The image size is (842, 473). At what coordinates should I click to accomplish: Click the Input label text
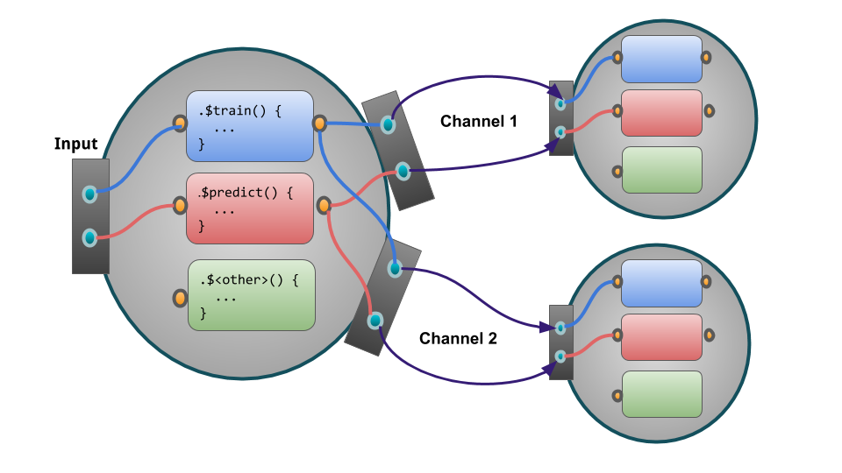point(75,145)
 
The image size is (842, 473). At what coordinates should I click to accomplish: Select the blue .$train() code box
point(250,125)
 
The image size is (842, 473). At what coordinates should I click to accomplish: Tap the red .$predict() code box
point(250,208)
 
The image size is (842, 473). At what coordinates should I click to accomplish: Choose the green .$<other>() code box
point(252,295)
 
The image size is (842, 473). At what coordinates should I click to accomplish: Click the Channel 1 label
point(478,122)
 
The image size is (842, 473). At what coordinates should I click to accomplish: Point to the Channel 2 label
point(458,338)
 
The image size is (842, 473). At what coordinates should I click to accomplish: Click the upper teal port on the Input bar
point(89,194)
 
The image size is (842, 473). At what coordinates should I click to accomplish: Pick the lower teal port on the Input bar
point(89,237)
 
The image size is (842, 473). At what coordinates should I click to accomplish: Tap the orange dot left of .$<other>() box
point(179,298)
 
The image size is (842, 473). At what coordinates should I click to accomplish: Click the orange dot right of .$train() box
point(320,124)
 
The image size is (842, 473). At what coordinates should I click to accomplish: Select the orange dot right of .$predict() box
point(324,206)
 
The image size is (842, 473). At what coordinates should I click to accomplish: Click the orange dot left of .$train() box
point(179,124)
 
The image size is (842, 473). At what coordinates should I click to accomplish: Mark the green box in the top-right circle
point(661,169)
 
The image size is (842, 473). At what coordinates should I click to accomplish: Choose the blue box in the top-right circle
point(661,59)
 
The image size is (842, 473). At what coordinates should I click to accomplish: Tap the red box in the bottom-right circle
point(661,337)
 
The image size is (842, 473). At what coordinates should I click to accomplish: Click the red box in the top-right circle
point(661,112)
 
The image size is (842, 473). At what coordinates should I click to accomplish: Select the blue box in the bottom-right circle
point(661,282)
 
